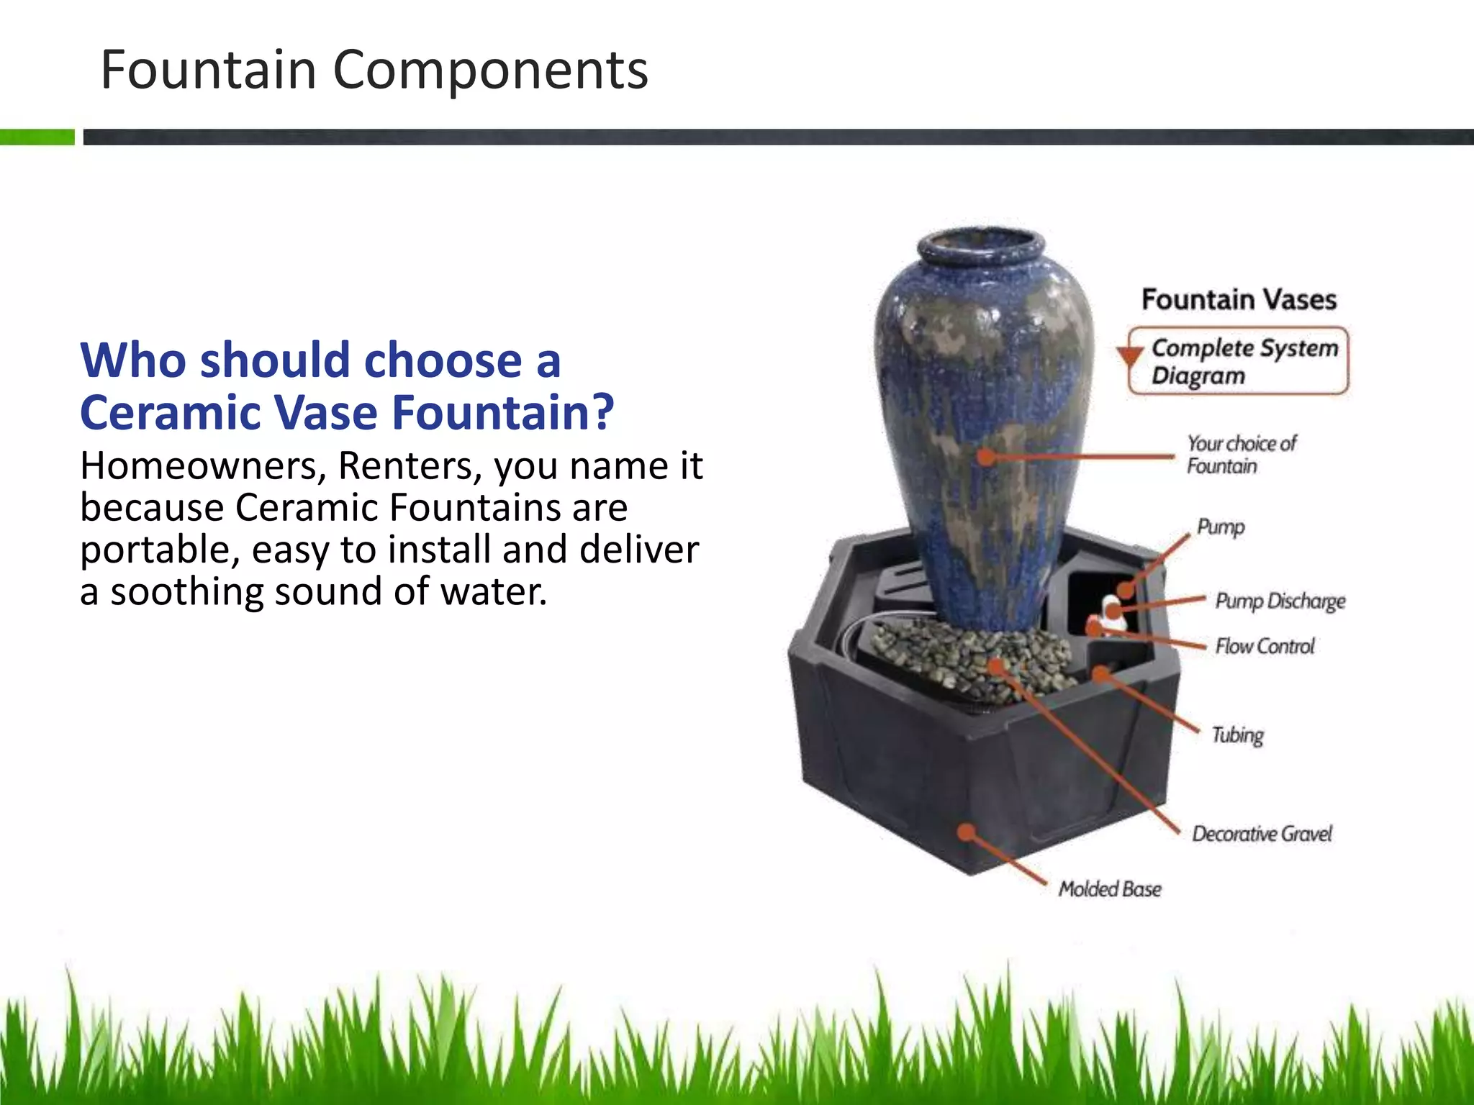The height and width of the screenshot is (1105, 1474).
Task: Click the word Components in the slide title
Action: coord(490,70)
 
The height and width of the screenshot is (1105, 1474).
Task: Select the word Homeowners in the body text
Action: coord(198,466)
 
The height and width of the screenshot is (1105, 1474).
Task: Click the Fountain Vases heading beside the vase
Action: coord(1239,299)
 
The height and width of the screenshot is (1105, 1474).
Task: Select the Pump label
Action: coord(1221,527)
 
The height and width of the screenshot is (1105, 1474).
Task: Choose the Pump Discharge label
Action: coord(1280,601)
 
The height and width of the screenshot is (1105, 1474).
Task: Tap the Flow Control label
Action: coord(1265,646)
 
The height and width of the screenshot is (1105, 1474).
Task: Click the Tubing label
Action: coord(1237,735)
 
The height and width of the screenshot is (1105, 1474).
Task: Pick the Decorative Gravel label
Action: coord(1262,834)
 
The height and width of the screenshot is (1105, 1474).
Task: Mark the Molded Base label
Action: coord(1109,889)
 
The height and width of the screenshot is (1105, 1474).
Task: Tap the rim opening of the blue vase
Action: coord(980,245)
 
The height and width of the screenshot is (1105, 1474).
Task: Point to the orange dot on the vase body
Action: coord(987,456)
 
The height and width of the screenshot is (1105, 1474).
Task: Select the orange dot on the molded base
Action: coord(967,832)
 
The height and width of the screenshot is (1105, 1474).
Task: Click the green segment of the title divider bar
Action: coord(37,137)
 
